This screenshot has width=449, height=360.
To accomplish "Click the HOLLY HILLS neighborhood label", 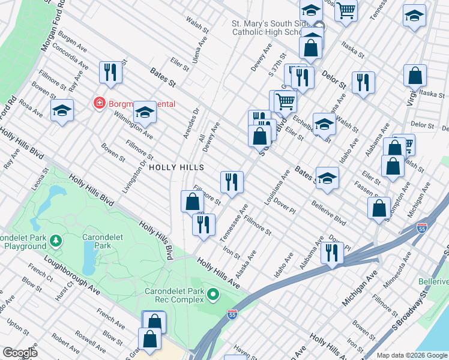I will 176,167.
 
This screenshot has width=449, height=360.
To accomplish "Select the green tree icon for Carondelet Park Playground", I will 56,241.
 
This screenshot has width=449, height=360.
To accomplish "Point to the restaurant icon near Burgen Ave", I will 110,73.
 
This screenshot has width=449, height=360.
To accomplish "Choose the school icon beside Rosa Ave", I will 62,111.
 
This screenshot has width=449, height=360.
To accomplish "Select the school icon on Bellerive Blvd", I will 327,178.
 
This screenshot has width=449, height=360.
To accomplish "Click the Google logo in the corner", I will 20,353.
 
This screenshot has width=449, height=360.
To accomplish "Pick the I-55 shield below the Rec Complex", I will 232,314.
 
